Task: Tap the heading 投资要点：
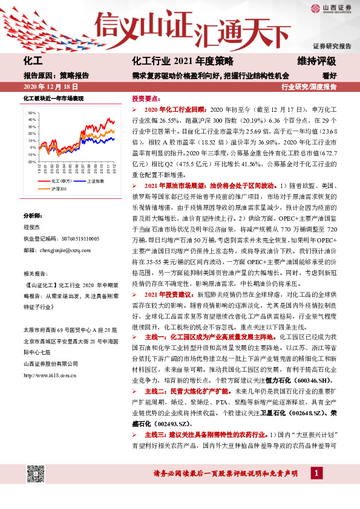pos(147,98)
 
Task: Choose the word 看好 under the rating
pos(329,76)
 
